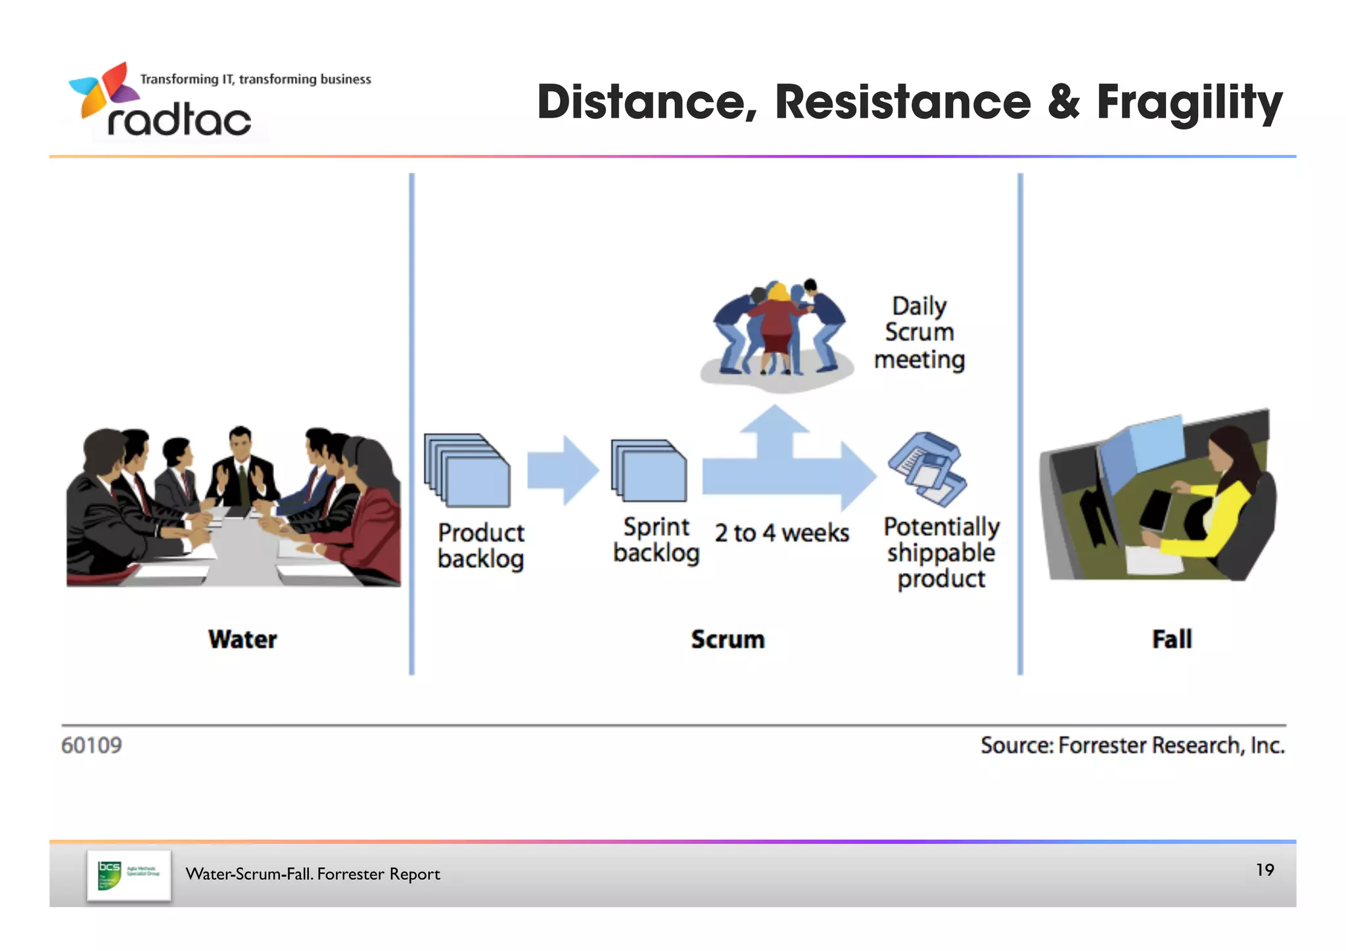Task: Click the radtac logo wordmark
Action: (179, 120)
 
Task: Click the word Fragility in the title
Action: (1189, 103)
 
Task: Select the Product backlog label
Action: (480, 545)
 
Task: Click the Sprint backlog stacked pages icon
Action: (649, 471)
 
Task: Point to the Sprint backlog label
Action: (656, 540)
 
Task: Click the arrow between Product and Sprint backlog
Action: (563, 470)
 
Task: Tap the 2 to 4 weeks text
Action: (781, 533)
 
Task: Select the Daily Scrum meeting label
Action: (919, 333)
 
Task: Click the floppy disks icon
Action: (927, 469)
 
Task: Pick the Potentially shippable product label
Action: (940, 553)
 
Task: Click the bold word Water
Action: (243, 639)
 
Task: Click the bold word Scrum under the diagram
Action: (728, 639)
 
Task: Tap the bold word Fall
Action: (1171, 639)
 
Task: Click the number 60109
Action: (91, 745)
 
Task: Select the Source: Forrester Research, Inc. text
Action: (1132, 745)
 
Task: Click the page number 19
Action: (1265, 870)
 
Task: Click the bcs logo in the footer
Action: (128, 875)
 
